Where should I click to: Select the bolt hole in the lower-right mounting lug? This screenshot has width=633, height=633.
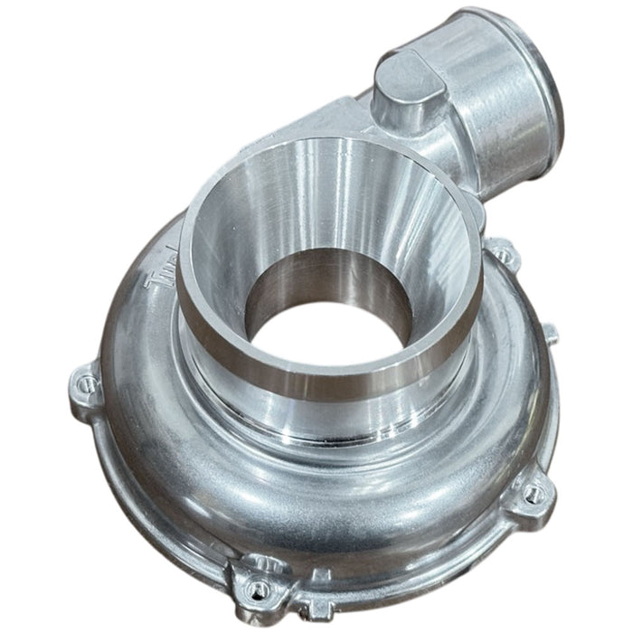coord(534,493)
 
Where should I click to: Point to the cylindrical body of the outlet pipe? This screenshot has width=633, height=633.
coord(479,99)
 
